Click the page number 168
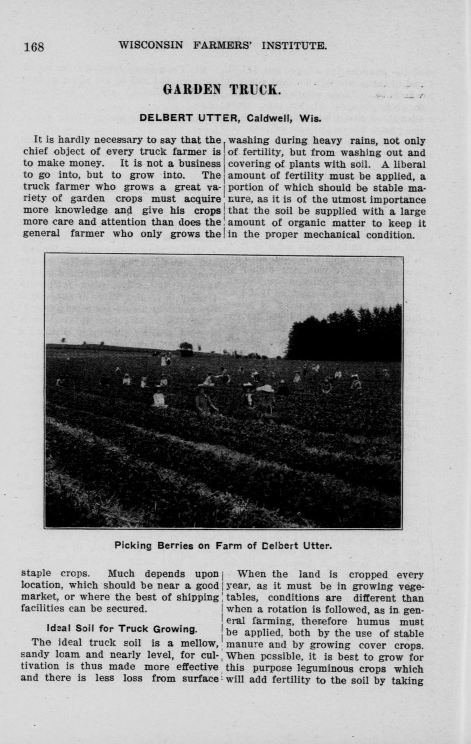(x=33, y=46)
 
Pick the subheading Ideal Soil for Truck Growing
(x=121, y=629)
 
